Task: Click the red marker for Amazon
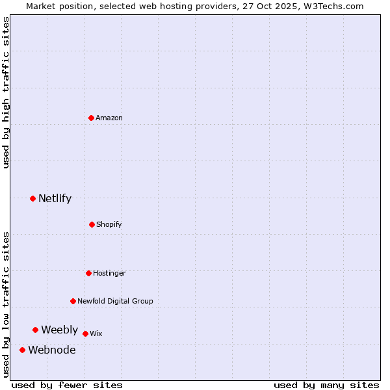[x=92, y=118]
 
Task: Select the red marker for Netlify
[x=33, y=198]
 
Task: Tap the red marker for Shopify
[x=92, y=224]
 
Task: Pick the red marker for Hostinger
[x=88, y=273]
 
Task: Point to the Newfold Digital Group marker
[x=73, y=301]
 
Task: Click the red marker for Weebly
[x=36, y=330]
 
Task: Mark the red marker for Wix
[x=85, y=333]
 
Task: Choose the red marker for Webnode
[x=23, y=350]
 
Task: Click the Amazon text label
[x=109, y=118]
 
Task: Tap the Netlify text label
[x=55, y=198]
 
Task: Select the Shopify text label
[x=109, y=224]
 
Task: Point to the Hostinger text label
[x=109, y=273]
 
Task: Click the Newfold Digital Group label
[x=115, y=301]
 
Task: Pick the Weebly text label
[x=59, y=330]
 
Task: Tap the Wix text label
[x=96, y=333]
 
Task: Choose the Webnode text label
[x=51, y=350]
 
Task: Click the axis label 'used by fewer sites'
[x=67, y=385]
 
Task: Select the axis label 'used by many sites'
[x=326, y=385]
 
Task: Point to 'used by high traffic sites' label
[x=6, y=92]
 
